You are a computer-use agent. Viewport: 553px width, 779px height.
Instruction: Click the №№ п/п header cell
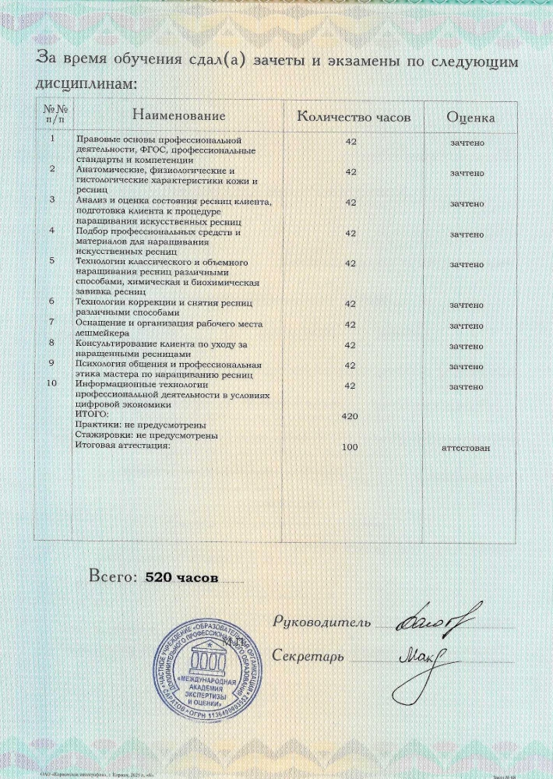[54, 116]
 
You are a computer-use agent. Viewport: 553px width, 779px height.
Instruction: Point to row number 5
[52, 261]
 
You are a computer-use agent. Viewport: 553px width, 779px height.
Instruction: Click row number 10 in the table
[52, 383]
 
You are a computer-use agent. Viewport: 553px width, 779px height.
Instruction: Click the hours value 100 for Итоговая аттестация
[350, 447]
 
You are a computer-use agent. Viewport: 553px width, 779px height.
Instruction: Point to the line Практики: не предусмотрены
[139, 425]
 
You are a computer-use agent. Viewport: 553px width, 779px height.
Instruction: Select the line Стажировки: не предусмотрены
[146, 435]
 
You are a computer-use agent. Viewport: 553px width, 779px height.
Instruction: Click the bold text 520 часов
[177, 579]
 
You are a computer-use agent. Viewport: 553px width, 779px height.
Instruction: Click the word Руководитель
[319, 622]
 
